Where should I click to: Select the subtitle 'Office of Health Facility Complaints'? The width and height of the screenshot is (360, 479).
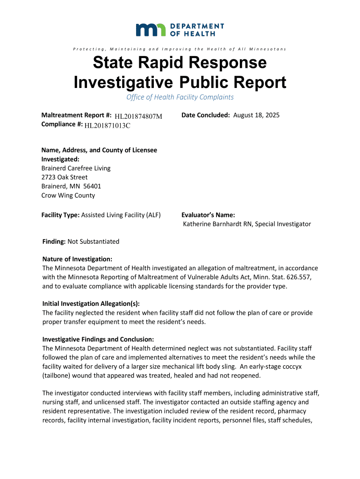(x=180, y=97)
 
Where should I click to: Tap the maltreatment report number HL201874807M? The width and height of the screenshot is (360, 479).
(x=138, y=116)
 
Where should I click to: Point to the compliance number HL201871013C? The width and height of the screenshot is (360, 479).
(x=108, y=125)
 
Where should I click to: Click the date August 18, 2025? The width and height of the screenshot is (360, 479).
(x=256, y=115)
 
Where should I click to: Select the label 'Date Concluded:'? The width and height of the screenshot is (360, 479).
(x=206, y=115)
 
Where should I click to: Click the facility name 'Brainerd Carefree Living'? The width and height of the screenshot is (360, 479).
(x=76, y=168)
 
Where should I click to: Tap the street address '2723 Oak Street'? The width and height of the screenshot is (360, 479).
(x=65, y=177)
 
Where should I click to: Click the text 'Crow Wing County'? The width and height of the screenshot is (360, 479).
(x=68, y=196)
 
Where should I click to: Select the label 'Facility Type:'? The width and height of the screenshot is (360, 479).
(x=61, y=215)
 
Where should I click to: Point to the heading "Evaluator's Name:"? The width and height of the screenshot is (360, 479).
(x=205, y=215)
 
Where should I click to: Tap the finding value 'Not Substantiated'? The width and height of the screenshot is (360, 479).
(x=94, y=242)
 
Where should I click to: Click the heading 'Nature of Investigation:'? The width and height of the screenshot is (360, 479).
(x=77, y=259)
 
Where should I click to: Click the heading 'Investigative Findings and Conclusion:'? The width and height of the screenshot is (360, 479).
(x=98, y=339)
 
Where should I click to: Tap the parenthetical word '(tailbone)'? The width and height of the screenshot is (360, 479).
(x=58, y=375)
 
